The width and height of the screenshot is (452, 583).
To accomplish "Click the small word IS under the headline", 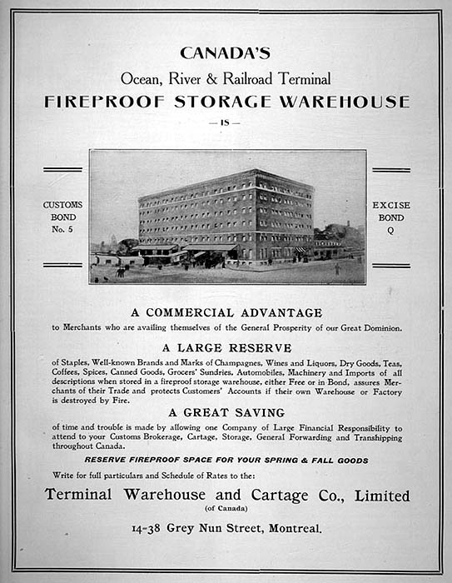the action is coord(226,122).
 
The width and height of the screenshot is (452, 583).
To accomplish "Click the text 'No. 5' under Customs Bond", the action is coord(63,228).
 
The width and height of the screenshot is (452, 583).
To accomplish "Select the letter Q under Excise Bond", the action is coord(391,228).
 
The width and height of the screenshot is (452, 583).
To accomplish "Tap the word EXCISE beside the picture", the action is coord(391,205).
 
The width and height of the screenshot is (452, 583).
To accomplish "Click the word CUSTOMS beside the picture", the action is coord(63,205).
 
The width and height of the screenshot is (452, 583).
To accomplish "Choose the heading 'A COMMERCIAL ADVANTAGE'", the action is coord(226,312).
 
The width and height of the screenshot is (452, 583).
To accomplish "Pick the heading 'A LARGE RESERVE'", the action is coord(226,347).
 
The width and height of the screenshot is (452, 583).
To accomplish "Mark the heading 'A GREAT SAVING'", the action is coord(226,412).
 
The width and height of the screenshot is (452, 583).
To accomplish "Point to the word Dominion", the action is coord(379,328).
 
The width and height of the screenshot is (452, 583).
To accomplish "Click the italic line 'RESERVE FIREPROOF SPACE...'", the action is coord(226,460).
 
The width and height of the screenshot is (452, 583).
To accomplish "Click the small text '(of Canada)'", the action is coord(226,509).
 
